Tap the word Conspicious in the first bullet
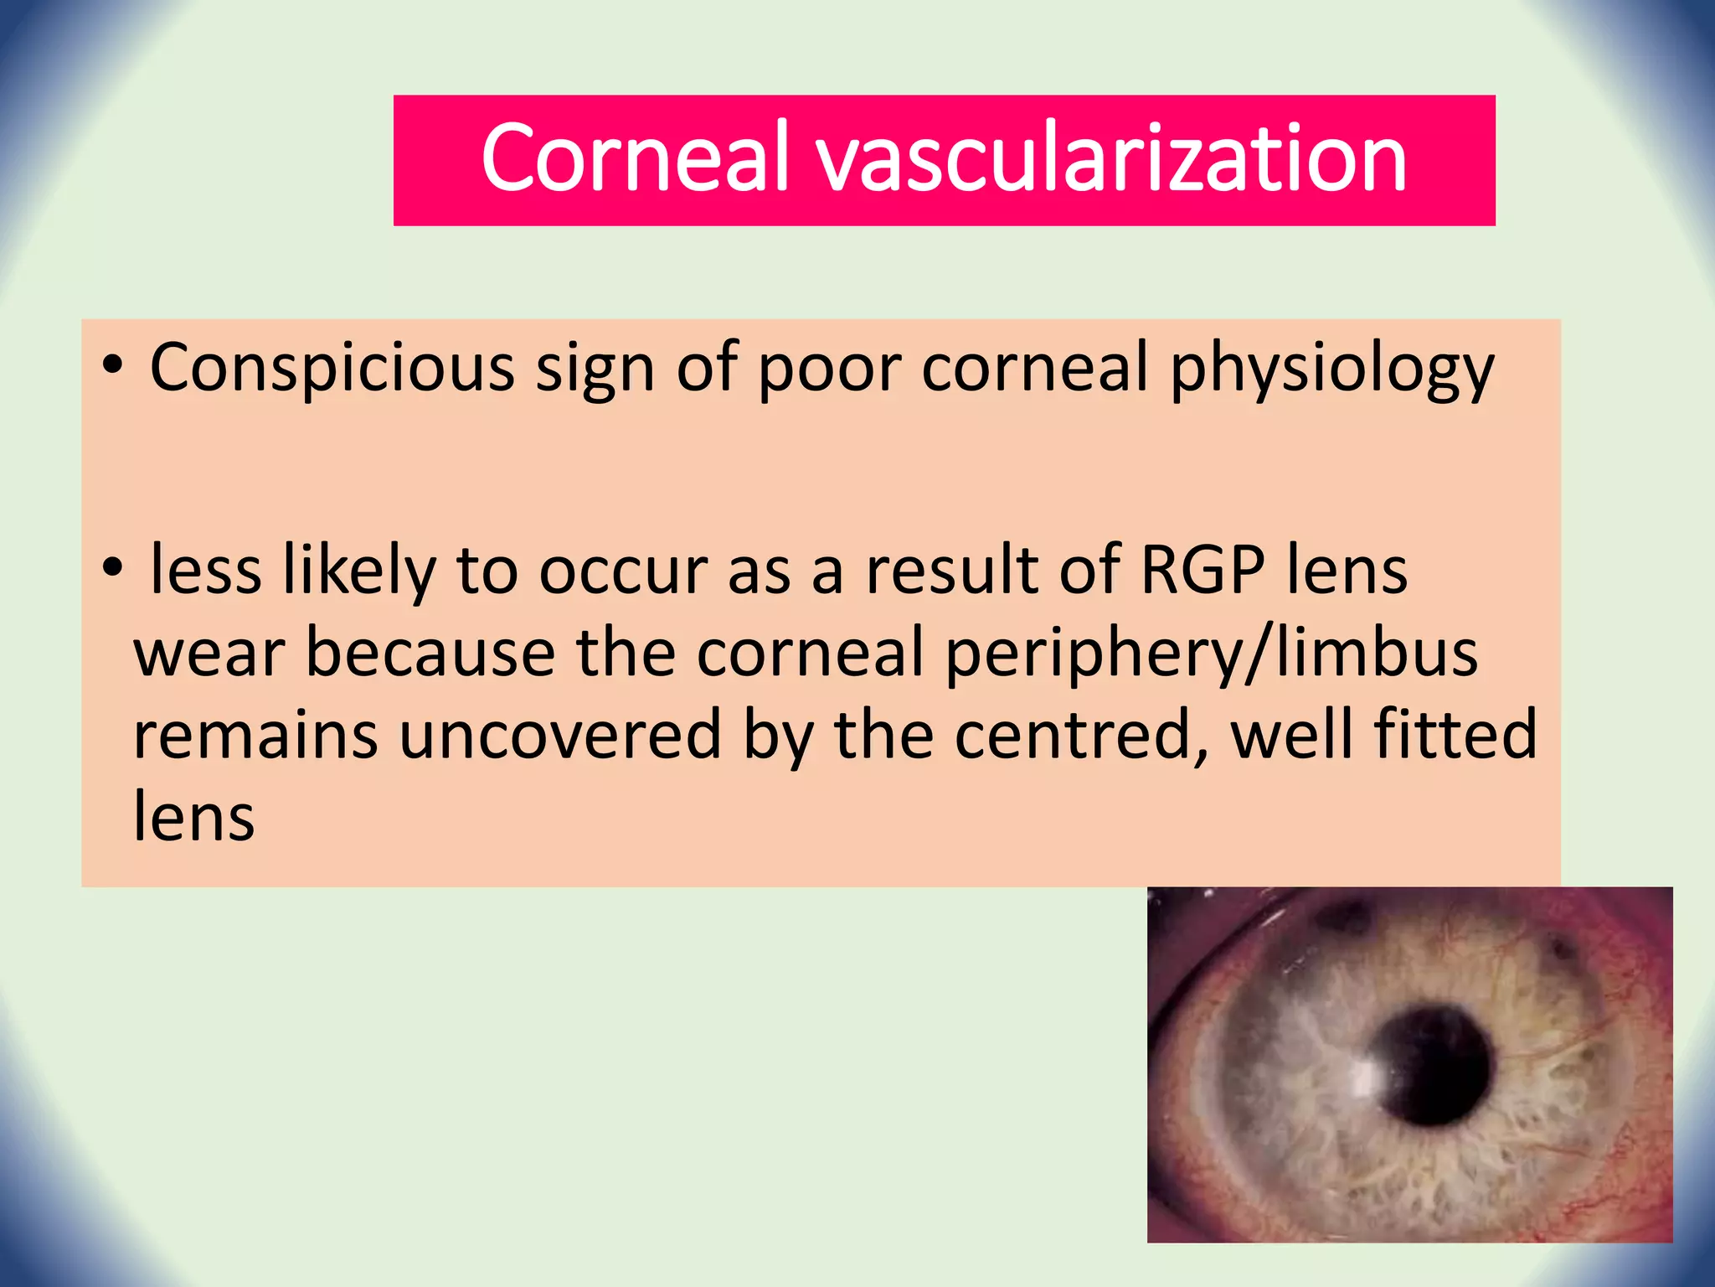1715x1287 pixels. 332,368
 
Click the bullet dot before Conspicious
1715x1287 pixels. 112,366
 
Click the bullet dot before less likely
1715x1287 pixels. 112,569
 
